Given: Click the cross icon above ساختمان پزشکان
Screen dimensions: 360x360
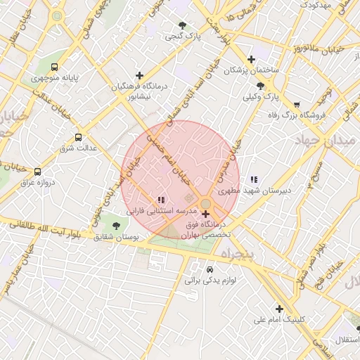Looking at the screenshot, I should tap(251, 59).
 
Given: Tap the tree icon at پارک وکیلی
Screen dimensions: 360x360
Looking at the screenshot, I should tap(261, 85).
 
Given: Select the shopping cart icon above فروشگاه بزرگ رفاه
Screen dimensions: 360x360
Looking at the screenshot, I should tap(297, 105).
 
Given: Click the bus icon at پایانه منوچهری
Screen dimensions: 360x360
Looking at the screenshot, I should tap(55, 67).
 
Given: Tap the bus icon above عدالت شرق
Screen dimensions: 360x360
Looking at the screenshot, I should tap(78, 137).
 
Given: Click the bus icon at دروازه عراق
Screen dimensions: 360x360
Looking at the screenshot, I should tap(37, 171).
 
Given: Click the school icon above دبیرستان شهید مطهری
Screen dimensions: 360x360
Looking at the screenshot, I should tap(254, 179).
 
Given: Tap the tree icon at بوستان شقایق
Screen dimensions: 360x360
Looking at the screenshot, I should tap(116, 226).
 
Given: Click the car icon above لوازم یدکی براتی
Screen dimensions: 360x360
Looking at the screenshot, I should tap(210, 269).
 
